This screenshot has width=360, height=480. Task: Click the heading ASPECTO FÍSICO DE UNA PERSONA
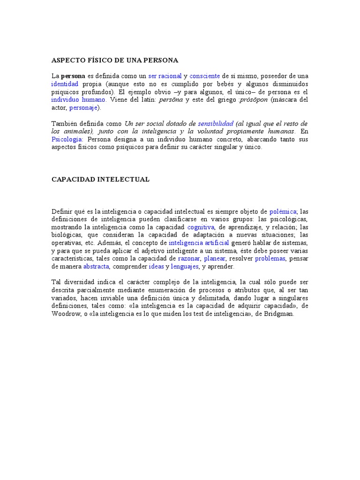click(x=115, y=60)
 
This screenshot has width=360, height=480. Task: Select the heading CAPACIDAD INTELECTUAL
click(x=100, y=180)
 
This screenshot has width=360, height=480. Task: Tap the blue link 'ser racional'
click(x=165, y=76)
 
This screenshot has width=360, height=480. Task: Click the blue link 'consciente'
click(x=205, y=76)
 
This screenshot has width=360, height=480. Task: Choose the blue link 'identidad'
click(x=65, y=84)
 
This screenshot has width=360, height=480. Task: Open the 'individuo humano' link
click(x=79, y=100)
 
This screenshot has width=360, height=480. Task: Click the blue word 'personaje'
click(x=83, y=108)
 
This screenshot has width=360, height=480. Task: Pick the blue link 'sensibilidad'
click(x=216, y=124)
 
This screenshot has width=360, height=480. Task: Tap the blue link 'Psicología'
click(x=67, y=140)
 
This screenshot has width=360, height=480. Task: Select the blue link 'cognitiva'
click(x=201, y=227)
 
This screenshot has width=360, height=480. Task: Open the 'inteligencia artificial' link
click(x=199, y=243)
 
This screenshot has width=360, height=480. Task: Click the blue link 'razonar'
click(x=189, y=259)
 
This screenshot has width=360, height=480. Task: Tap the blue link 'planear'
click(x=215, y=259)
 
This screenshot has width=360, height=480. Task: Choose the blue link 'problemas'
click(x=270, y=259)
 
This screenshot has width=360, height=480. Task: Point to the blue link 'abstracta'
click(x=96, y=267)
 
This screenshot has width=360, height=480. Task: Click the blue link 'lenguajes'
click(x=185, y=267)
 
